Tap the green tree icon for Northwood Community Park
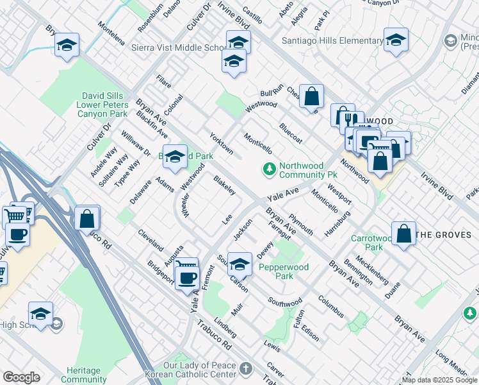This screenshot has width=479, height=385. point(270,169)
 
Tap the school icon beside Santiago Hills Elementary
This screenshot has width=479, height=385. point(396,40)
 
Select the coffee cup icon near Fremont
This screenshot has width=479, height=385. point(187,277)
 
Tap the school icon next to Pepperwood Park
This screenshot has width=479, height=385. point(239,263)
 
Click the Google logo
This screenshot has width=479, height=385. point(21,377)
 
